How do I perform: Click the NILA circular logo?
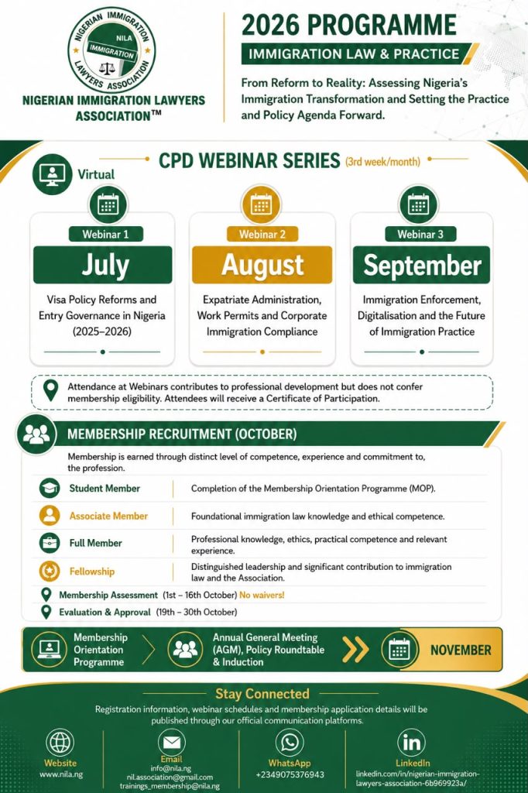111,50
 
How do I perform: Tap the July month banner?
103,265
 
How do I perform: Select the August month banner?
262,265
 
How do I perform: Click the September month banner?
421,265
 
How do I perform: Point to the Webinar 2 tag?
262,234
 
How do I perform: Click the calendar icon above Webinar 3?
418,205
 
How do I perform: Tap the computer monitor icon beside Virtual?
52,174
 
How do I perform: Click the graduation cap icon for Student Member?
50,488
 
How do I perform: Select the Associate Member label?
108,516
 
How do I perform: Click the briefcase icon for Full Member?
50,543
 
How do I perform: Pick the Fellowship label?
92,572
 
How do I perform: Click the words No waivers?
262,595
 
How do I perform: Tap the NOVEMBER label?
461,650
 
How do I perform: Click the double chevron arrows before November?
355,650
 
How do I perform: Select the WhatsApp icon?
290,743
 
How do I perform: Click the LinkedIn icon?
412,743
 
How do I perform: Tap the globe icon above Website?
60,743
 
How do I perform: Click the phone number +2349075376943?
290,774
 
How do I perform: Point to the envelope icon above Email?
171,742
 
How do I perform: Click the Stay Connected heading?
262,694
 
